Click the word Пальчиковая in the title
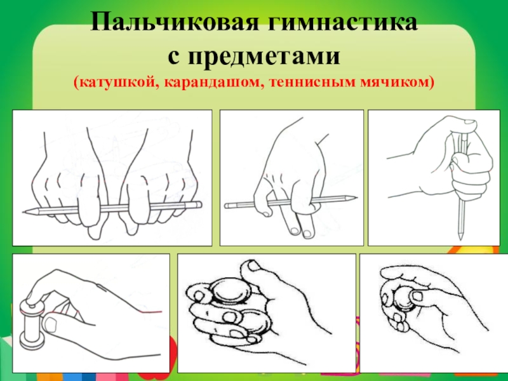(171, 23)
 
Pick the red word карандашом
(214, 83)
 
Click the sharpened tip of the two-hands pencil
(23, 212)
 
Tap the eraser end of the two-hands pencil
(199, 204)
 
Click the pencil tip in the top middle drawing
(356, 197)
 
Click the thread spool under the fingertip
(30, 324)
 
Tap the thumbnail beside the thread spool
(51, 323)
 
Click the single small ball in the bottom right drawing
(403, 298)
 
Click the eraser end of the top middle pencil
(227, 206)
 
